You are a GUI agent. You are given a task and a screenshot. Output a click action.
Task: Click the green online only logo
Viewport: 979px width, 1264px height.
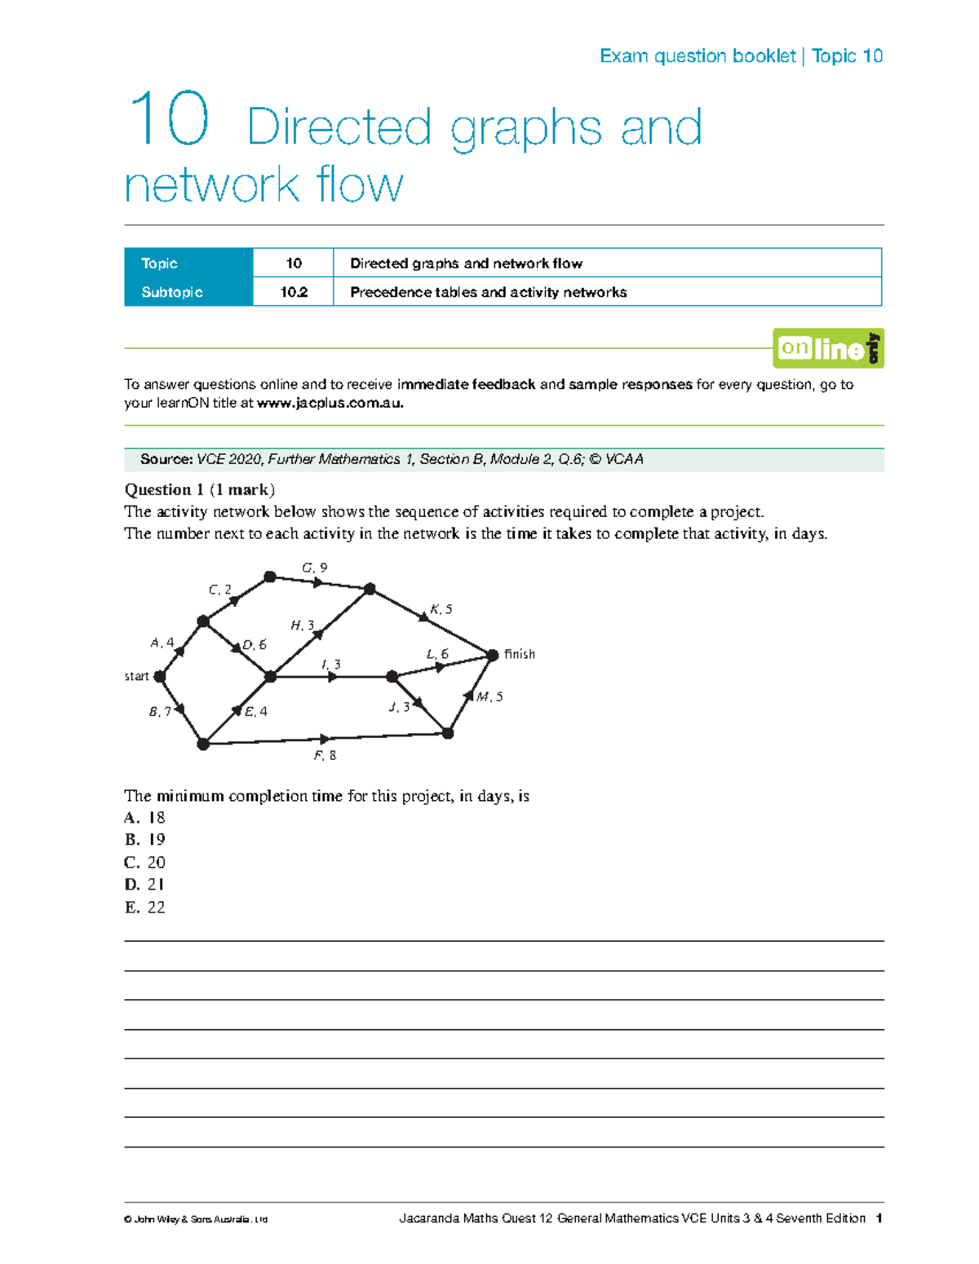point(827,348)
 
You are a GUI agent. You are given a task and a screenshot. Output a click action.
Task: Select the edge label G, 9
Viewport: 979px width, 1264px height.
point(314,568)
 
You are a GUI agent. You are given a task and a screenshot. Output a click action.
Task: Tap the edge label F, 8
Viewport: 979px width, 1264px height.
point(325,756)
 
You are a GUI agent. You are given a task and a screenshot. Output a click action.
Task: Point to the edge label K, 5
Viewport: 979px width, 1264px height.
point(441,609)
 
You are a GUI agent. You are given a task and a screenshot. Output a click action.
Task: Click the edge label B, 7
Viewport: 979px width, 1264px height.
point(159,712)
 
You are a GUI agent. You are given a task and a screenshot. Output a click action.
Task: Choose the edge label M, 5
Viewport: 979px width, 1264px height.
point(489,696)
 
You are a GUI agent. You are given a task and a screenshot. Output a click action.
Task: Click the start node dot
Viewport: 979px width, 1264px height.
point(160,676)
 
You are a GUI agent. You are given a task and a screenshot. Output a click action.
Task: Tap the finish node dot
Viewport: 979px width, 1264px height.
point(492,655)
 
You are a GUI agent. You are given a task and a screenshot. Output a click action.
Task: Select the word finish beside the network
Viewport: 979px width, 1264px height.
point(520,654)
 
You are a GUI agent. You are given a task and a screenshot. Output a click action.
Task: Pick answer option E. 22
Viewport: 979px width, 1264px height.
point(144,907)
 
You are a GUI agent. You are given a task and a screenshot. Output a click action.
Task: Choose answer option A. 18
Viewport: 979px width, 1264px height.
point(144,817)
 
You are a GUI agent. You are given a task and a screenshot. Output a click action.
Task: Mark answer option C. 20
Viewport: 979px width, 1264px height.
point(144,862)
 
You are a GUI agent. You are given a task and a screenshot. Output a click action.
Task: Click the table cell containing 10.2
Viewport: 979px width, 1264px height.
point(294,292)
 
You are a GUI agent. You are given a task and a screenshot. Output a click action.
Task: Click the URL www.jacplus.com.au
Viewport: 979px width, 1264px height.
point(330,403)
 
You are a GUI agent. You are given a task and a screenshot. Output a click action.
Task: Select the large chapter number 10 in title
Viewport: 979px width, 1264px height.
point(169,120)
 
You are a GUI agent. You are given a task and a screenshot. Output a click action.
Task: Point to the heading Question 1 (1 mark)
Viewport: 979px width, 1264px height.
point(199,489)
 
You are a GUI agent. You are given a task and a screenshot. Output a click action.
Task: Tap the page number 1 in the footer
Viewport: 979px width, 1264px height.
point(879,1218)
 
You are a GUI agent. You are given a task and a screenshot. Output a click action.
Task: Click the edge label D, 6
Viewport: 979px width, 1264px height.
point(255,644)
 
